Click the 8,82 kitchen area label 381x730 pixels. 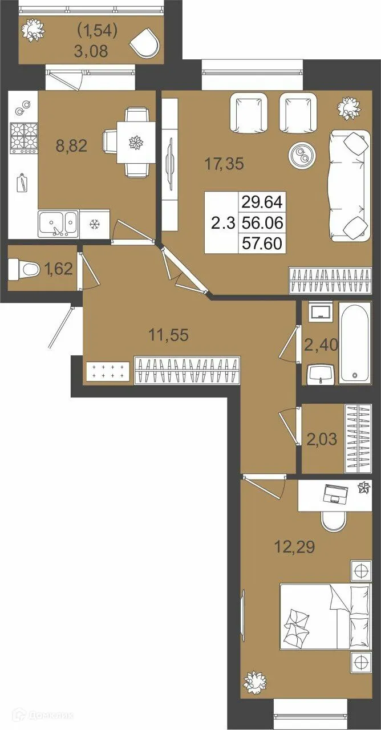(x=71, y=146)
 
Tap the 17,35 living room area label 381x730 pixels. (x=224, y=164)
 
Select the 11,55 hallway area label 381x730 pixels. (x=168, y=335)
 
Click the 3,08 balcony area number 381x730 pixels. (x=91, y=51)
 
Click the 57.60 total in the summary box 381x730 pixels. (x=262, y=243)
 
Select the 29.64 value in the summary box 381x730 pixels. (x=262, y=202)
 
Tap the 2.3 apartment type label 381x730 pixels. (x=223, y=224)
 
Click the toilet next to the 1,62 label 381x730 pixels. (x=23, y=269)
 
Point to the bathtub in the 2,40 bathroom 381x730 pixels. (x=355, y=343)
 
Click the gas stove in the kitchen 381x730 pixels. (x=23, y=139)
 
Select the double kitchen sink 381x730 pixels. (x=58, y=224)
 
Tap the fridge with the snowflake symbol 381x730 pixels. (x=95, y=224)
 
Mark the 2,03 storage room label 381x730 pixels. (x=321, y=439)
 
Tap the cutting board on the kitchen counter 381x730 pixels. (x=23, y=183)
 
